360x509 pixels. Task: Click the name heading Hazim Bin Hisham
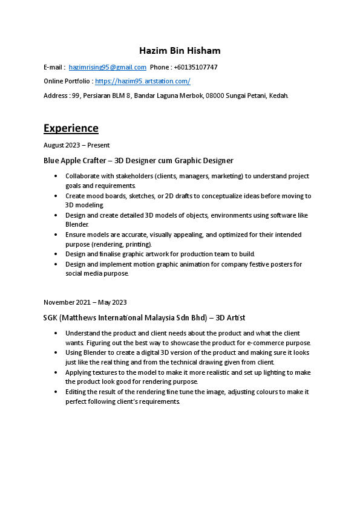[180, 50]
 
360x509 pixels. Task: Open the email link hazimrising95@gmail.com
[108, 67]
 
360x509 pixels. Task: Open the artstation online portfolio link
[143, 81]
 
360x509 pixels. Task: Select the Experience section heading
[71, 128]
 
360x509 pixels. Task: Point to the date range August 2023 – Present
[76, 145]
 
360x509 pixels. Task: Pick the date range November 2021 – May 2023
[85, 302]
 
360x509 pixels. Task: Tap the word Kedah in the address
[278, 96]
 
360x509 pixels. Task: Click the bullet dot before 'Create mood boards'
[56, 196]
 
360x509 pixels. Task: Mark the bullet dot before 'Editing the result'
[56, 392]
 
